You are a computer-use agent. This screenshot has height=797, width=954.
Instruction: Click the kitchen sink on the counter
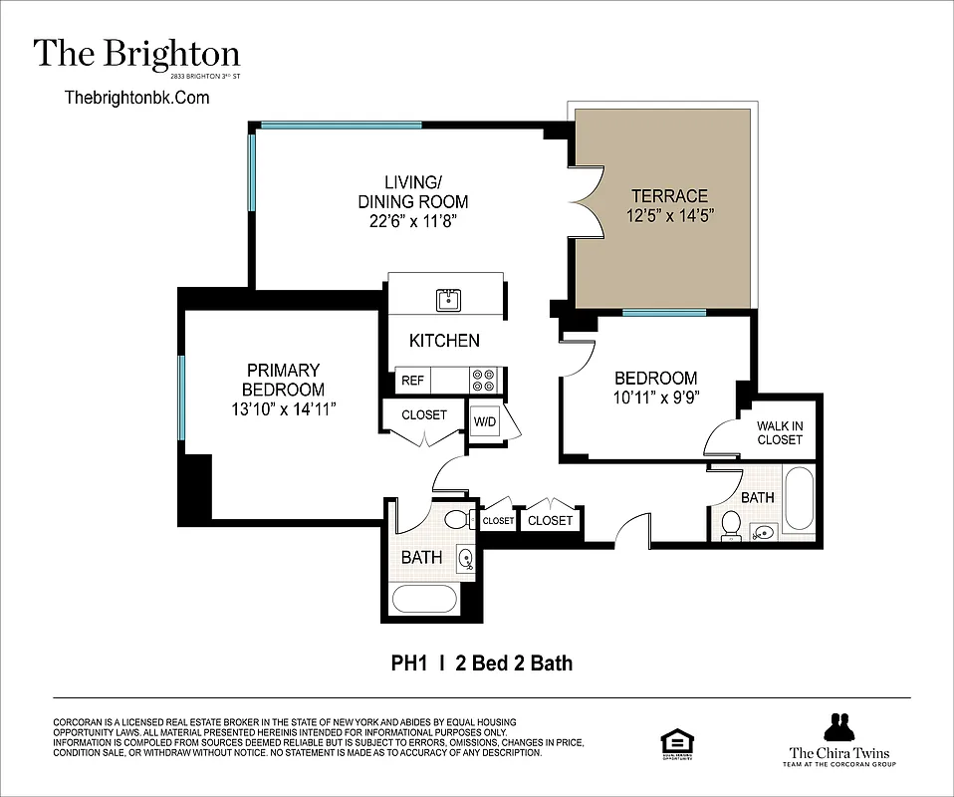(x=447, y=299)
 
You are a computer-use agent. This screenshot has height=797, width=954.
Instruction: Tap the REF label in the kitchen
(x=411, y=381)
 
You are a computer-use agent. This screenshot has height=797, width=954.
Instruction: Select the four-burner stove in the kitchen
(x=484, y=381)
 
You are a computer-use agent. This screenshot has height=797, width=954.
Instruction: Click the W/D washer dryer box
(x=485, y=421)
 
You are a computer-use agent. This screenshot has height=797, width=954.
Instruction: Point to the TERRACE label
(x=667, y=196)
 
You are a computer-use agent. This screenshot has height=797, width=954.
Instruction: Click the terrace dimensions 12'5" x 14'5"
(x=671, y=215)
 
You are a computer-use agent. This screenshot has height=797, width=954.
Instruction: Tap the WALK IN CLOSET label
(x=780, y=432)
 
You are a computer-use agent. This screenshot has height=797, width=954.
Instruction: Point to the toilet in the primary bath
(x=457, y=519)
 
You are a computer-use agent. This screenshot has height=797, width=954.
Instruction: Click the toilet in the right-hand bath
(x=731, y=524)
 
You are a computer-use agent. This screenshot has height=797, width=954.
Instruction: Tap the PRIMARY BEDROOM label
(x=283, y=380)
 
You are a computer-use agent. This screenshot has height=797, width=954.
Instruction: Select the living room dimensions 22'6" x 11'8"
(x=412, y=221)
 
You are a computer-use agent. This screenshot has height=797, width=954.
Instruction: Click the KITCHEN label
(x=444, y=341)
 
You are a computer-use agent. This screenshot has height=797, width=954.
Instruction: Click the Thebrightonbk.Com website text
(x=136, y=97)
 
